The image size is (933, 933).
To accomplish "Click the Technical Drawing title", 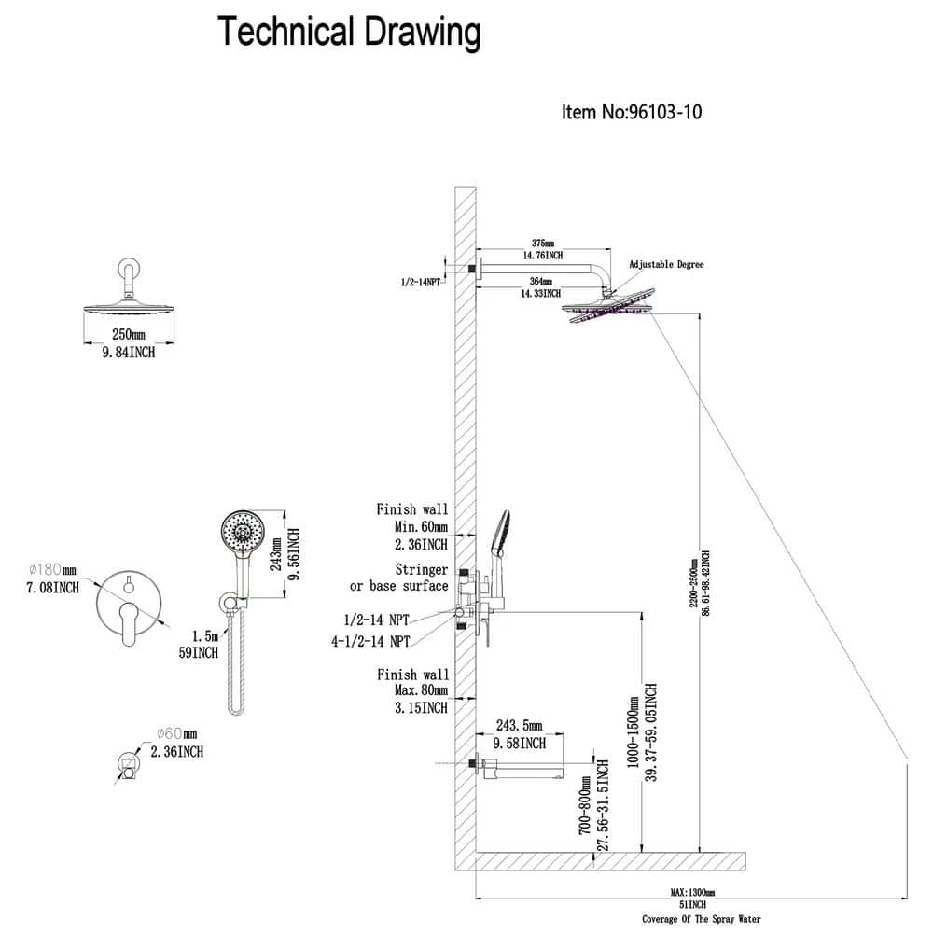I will [x=349, y=32].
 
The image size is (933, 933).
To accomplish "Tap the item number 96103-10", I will [x=632, y=113].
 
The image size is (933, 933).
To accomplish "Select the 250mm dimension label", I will [x=130, y=334].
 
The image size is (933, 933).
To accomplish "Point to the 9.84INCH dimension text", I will [x=129, y=352].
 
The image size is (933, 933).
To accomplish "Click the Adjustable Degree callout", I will [x=666, y=265].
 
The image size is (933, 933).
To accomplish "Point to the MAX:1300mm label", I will [x=691, y=892].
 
